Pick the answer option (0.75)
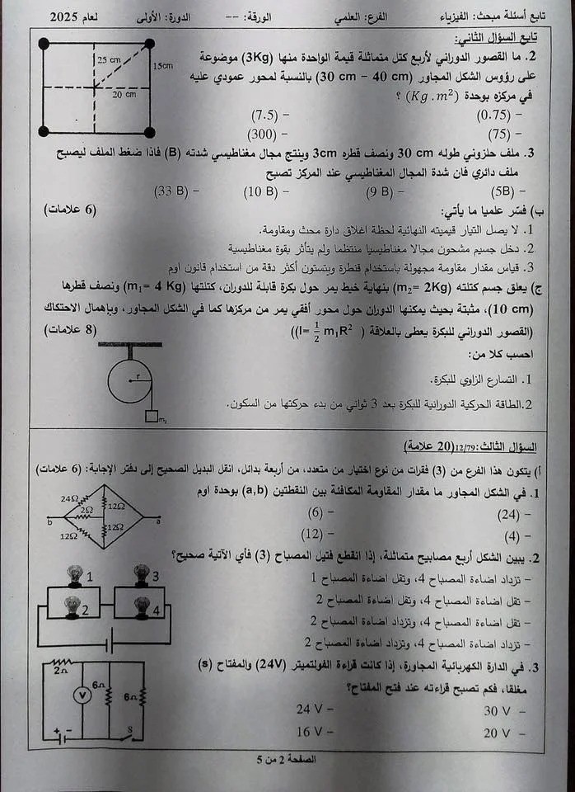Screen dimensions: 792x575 (x=494, y=115)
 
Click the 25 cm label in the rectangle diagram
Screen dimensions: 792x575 (x=108, y=60)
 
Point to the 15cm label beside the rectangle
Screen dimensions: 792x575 (x=163, y=66)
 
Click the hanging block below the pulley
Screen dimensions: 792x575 (x=152, y=417)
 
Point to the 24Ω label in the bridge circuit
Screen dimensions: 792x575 (x=68, y=499)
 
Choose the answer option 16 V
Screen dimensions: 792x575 (x=309, y=731)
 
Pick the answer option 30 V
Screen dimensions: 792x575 (x=498, y=710)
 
